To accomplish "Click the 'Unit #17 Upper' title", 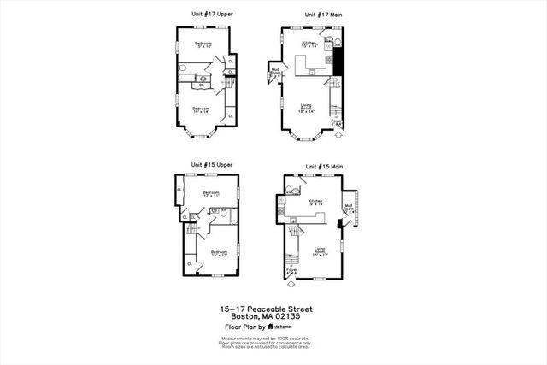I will point(212,15).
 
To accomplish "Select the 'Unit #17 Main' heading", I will point(324,15).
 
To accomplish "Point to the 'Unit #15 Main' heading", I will point(324,165).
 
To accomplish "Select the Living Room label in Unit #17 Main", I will point(306,109).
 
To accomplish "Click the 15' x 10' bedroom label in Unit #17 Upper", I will point(203,44).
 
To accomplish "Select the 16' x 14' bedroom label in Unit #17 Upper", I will point(201,110).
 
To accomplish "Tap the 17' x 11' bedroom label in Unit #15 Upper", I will point(211,194).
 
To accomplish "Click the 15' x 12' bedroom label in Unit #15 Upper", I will point(219,254).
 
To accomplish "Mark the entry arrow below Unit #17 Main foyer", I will point(338,134).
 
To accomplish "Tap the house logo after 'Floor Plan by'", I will point(270,327).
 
